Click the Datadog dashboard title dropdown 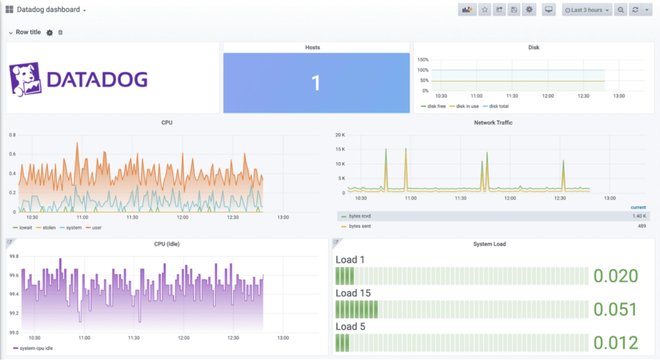click(50, 10)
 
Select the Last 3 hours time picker click(587, 10)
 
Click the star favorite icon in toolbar click(485, 10)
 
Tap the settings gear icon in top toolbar click(529, 10)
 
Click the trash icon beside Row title click(60, 33)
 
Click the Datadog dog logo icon click(26, 79)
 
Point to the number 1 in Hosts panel click(315, 83)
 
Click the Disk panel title click(533, 47)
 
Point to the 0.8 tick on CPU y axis click(11, 135)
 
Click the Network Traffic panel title click(493, 122)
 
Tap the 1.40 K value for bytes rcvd click(639, 215)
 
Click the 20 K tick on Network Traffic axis click(341, 135)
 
